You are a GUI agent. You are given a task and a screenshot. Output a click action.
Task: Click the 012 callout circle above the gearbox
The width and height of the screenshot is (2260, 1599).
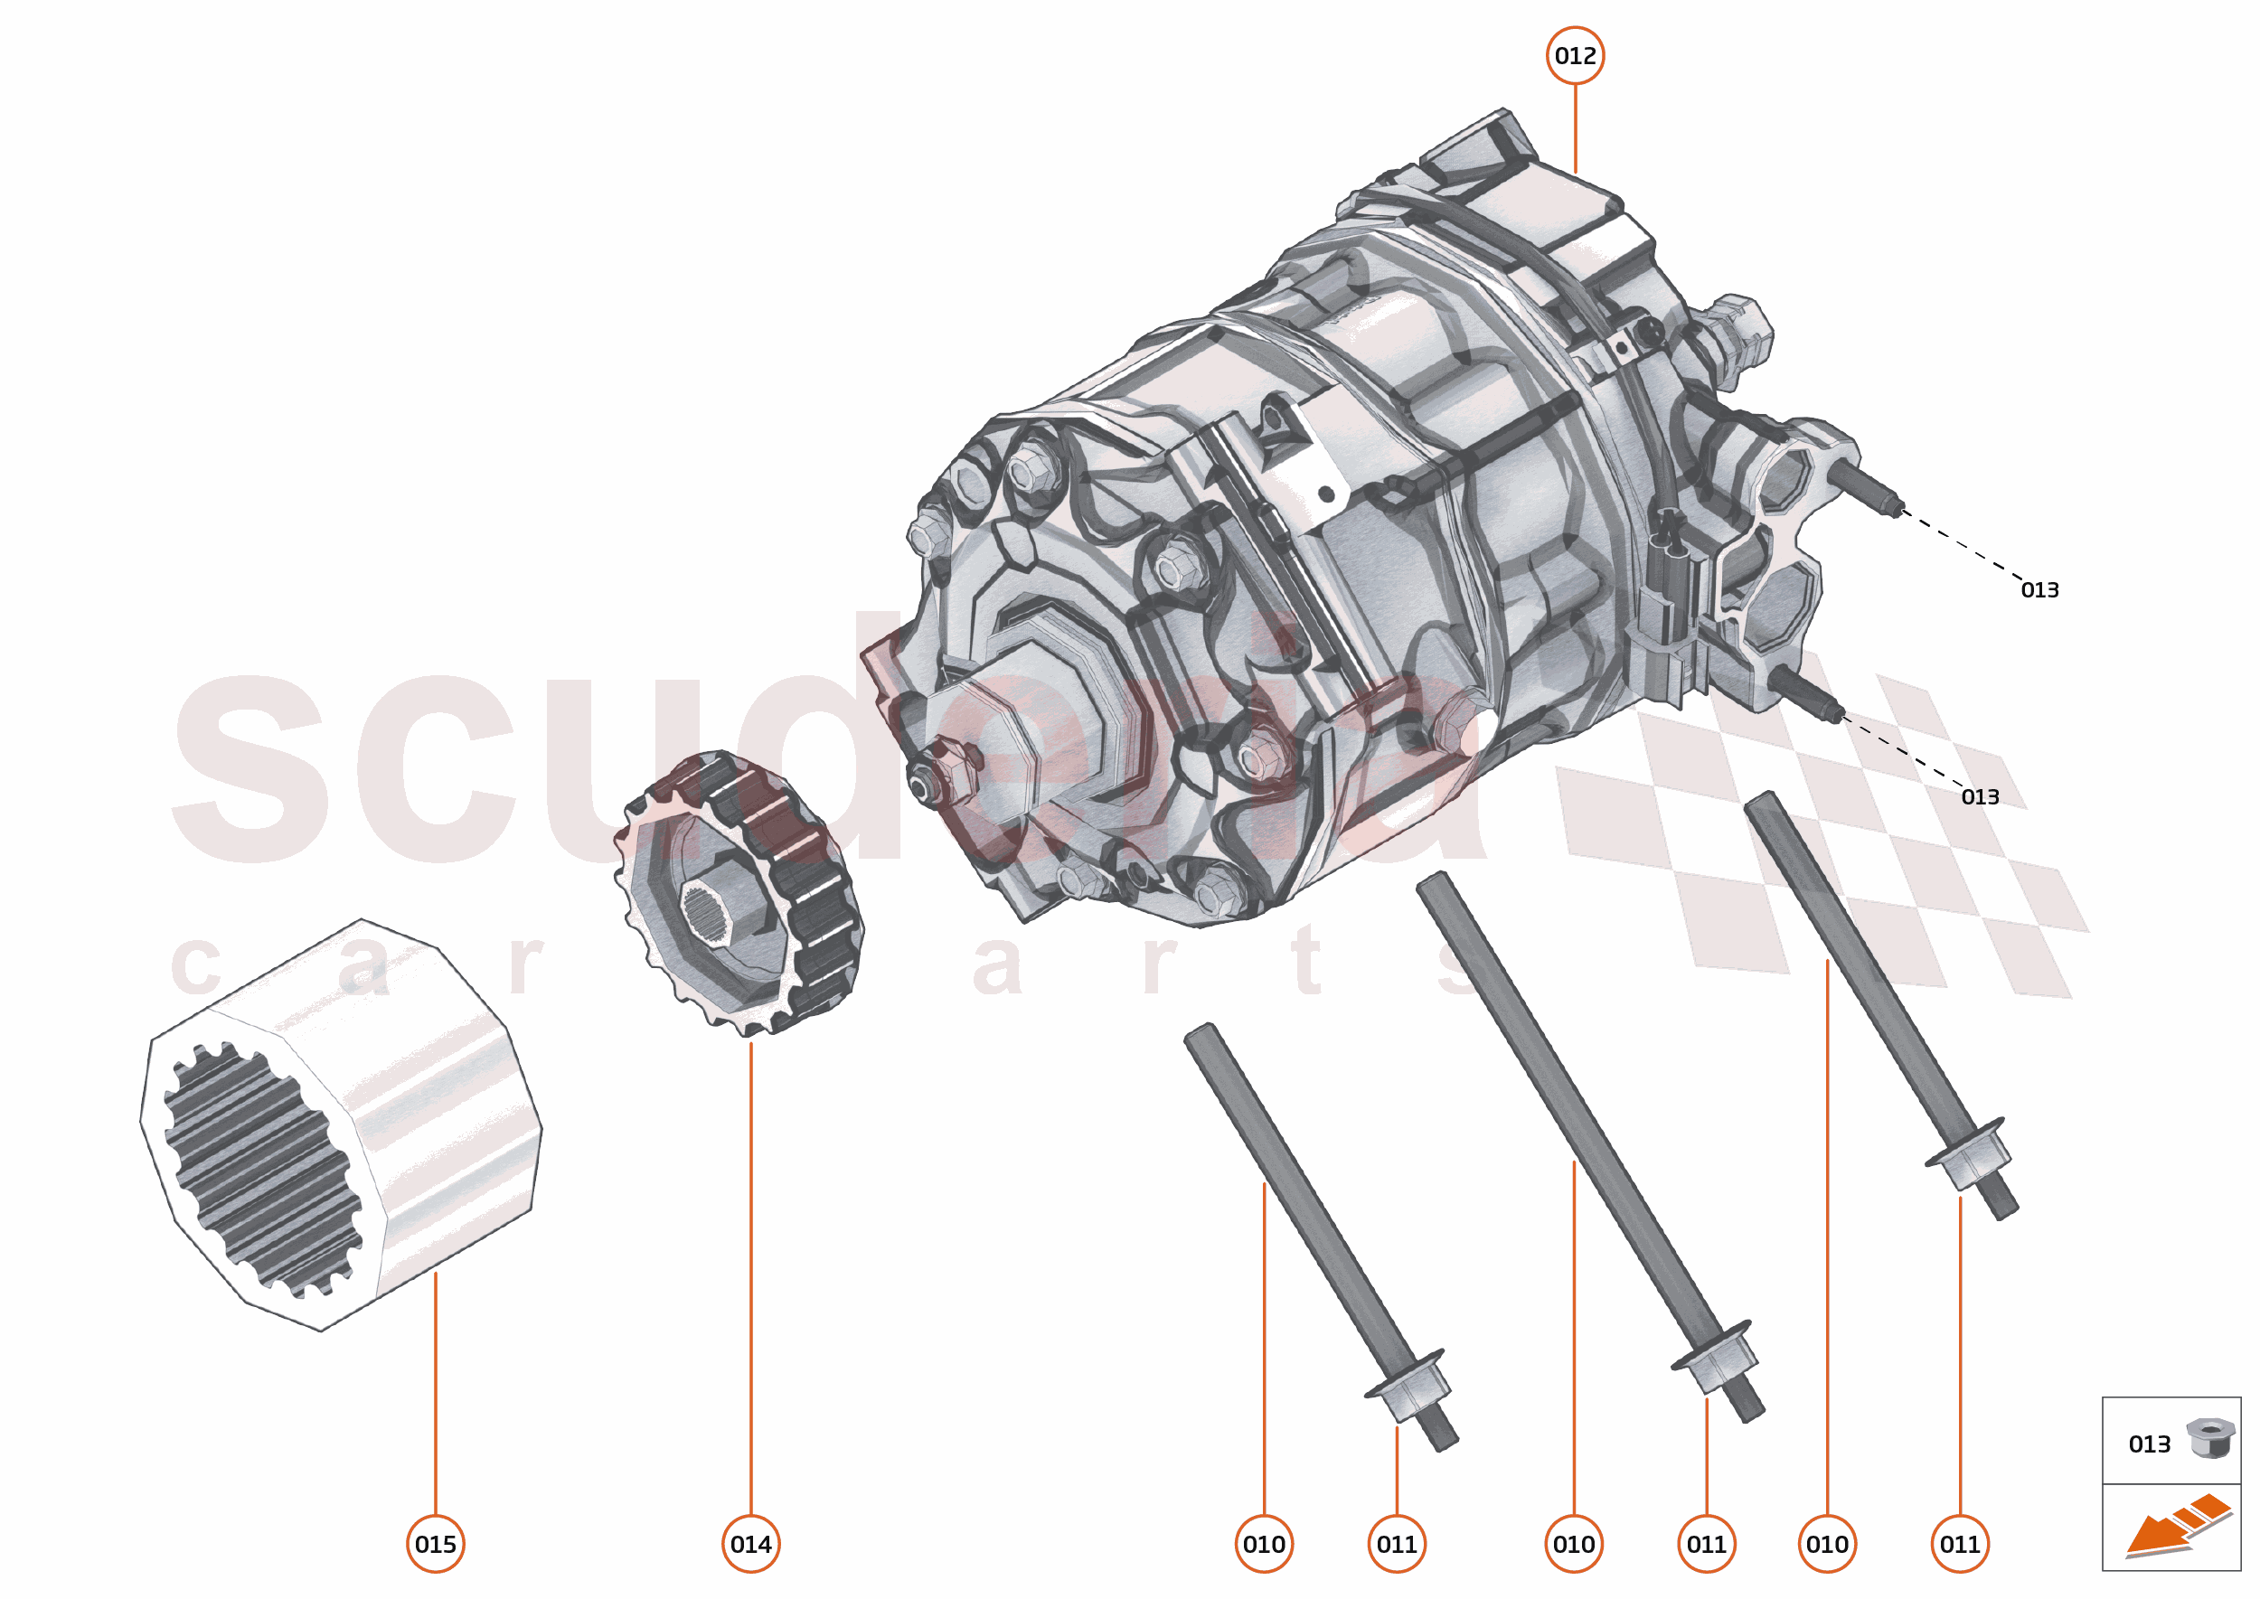point(1575,56)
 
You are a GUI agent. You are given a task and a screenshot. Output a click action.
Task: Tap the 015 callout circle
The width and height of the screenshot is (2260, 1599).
point(435,1544)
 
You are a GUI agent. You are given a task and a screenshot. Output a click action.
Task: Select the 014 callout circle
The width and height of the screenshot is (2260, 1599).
point(750,1544)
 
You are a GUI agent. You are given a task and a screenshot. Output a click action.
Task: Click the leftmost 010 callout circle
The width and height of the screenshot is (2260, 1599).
point(1264,1544)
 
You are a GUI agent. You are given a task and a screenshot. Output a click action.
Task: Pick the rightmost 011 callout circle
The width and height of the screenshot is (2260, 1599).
point(1960,1544)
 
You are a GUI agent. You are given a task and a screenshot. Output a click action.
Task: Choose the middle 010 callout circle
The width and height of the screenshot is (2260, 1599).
point(1574,1544)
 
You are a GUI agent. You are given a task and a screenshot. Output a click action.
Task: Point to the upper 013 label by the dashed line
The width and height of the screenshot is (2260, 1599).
point(2039,589)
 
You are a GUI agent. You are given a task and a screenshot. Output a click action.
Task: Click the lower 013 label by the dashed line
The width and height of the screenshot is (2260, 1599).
point(1981,796)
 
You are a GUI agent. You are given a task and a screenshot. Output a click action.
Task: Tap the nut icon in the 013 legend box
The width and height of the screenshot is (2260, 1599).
point(2209,1437)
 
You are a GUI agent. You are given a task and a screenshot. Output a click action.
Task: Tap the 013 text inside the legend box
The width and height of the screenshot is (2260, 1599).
point(2149,1444)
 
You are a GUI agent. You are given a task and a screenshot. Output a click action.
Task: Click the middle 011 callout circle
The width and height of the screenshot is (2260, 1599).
point(1706,1544)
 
